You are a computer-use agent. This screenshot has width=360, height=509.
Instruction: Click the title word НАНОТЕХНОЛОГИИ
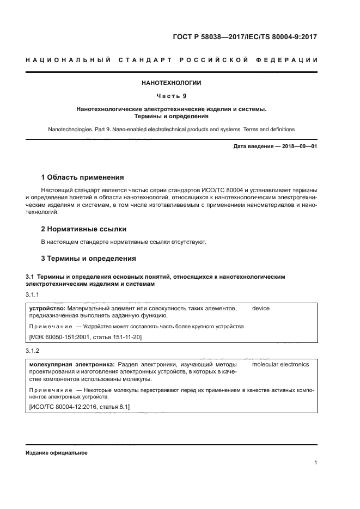pyautogui.click(x=172, y=83)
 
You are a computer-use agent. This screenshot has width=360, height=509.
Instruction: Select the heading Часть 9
pyautogui.click(x=172, y=96)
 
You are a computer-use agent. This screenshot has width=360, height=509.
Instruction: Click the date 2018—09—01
pyautogui.click(x=296, y=146)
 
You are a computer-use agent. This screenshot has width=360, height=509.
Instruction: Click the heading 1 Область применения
pyautogui.click(x=83, y=177)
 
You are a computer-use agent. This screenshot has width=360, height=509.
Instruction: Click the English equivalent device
pyautogui.click(x=261, y=309)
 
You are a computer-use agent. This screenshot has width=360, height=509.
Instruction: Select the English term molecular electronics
pyautogui.click(x=280, y=364)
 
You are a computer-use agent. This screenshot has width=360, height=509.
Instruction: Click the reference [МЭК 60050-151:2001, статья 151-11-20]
pyautogui.click(x=86, y=338)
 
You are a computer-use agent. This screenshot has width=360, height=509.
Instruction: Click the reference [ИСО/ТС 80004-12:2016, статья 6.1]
pyautogui.click(x=79, y=407)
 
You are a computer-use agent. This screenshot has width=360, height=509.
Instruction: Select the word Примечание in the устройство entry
pyautogui.click(x=50, y=327)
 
